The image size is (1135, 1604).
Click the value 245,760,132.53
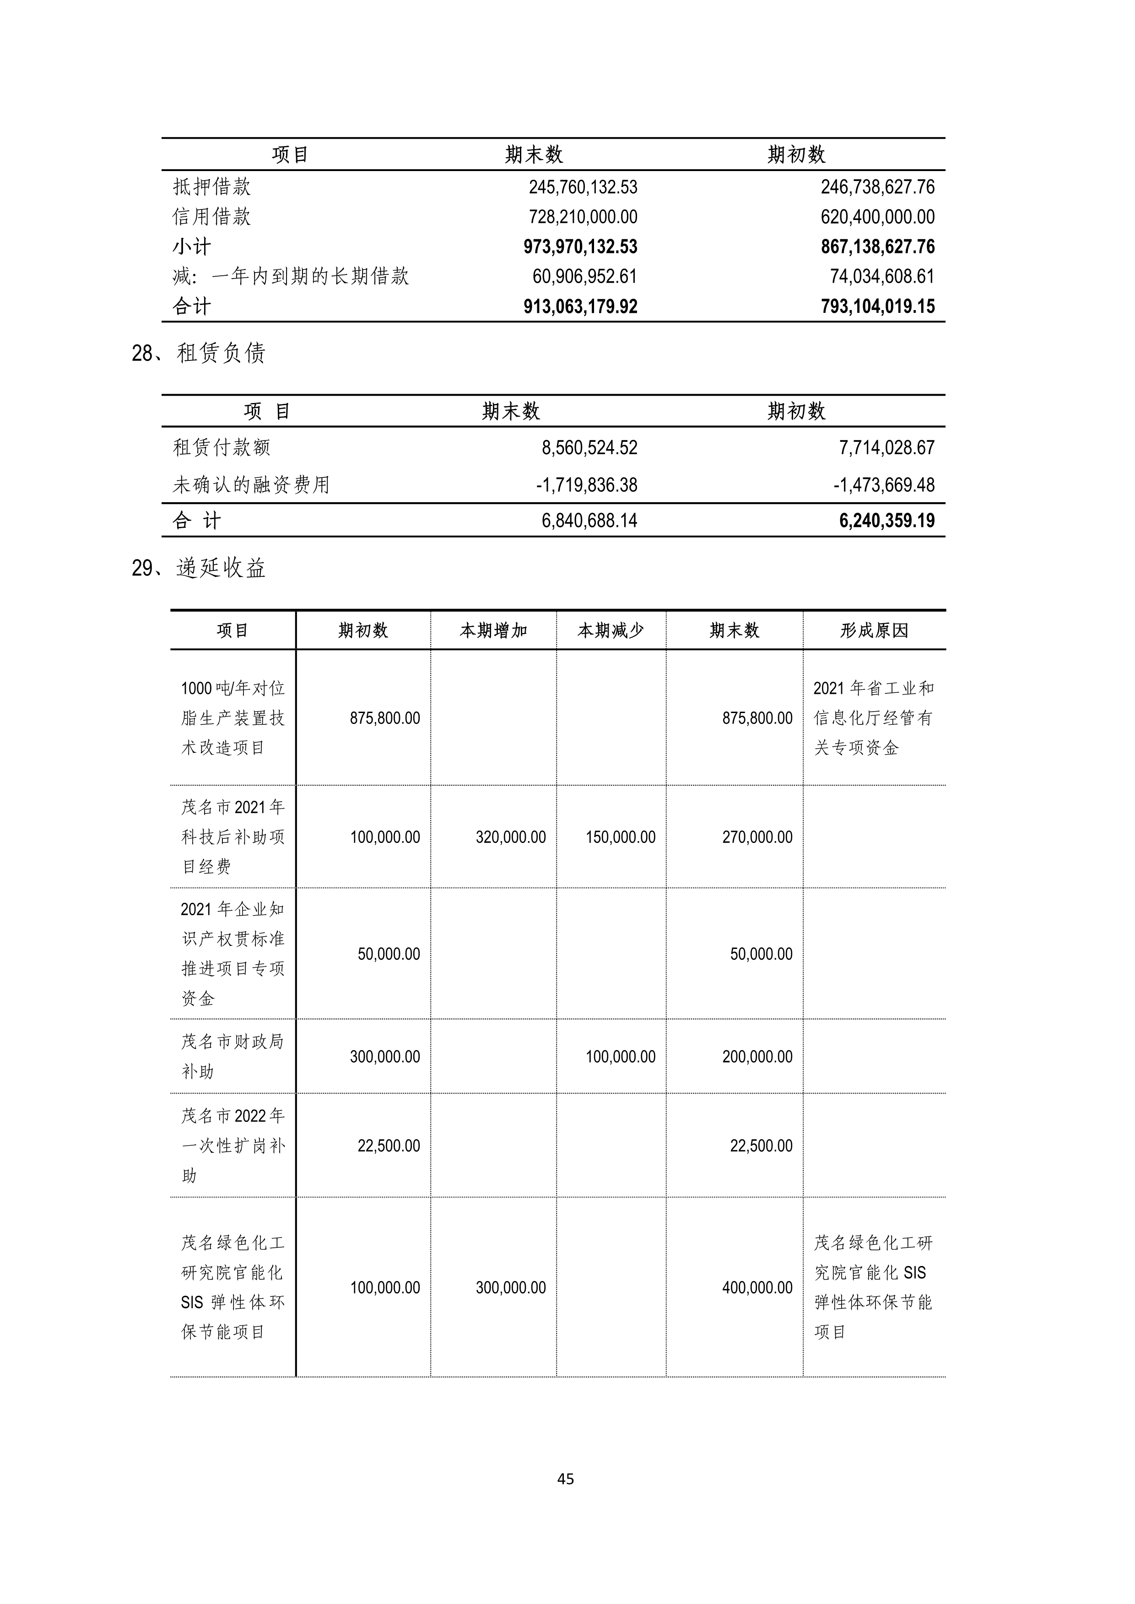click(583, 187)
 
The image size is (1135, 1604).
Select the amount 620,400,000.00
click(877, 217)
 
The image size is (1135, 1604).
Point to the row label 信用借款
click(212, 217)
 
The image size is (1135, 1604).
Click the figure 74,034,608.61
click(882, 277)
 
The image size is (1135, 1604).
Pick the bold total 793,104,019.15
click(877, 307)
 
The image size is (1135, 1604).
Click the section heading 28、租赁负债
click(199, 354)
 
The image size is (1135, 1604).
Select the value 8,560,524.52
click(589, 448)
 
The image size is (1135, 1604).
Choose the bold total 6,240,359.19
click(887, 520)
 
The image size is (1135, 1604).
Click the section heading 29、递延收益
click(199, 568)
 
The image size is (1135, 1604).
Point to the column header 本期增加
click(493, 631)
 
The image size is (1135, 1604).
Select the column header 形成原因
click(874, 631)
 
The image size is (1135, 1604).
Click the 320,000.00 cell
click(511, 837)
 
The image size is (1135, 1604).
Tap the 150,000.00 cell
click(621, 837)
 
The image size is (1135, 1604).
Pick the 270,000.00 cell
click(757, 837)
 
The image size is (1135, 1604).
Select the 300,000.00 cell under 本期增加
click(511, 1287)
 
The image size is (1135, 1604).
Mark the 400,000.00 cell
click(757, 1287)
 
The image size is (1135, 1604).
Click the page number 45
click(566, 1478)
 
